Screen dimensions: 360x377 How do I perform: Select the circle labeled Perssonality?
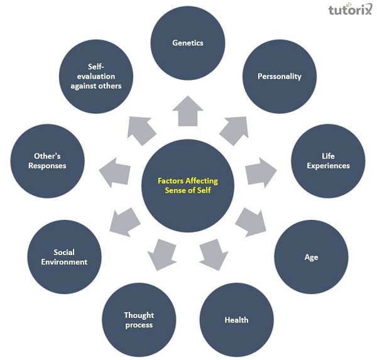[280, 77]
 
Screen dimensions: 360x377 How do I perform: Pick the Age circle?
[311, 257]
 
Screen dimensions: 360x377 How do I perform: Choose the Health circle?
[236, 320]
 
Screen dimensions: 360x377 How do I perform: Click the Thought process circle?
[139, 320]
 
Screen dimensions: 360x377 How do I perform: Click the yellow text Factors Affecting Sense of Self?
[188, 185]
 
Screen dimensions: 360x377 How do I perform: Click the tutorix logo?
[350, 11]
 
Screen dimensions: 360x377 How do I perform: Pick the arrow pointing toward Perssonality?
[232, 128]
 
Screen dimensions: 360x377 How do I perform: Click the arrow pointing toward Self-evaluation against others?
[142, 129]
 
